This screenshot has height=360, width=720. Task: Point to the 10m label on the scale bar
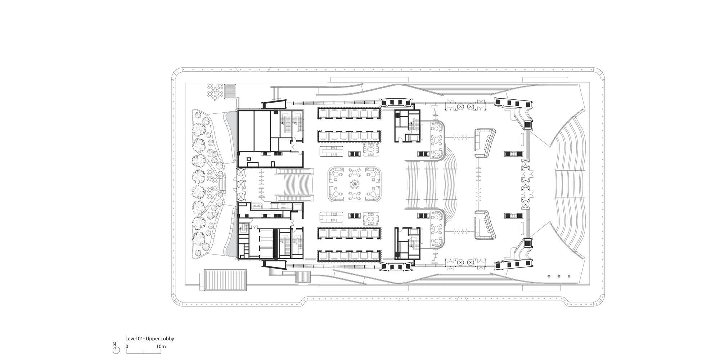[x=161, y=347]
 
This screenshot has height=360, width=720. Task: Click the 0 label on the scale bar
[x=127, y=347]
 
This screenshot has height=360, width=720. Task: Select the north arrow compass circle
[x=116, y=350]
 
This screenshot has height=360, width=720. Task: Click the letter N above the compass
[x=114, y=344]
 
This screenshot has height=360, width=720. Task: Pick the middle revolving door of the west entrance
[x=240, y=185]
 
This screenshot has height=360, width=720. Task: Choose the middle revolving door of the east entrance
[x=525, y=185]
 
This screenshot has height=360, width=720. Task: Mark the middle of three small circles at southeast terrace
[x=559, y=276]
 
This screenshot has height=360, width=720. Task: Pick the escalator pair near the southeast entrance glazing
[x=512, y=216]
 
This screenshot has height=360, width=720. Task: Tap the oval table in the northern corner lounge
[x=437, y=139]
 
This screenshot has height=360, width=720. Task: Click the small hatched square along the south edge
[x=303, y=277]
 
